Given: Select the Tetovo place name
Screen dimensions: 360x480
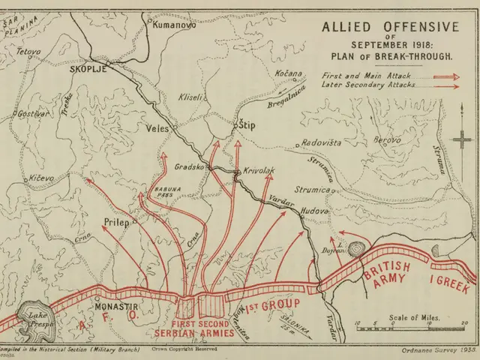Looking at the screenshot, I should (28, 52).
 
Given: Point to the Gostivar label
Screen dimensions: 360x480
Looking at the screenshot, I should (33, 113).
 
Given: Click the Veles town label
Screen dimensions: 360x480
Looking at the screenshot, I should (157, 127).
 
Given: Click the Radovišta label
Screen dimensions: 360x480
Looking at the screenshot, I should (321, 142).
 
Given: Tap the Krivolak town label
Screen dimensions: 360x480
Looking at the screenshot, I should (259, 171).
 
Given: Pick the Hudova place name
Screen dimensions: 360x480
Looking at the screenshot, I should (315, 212).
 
